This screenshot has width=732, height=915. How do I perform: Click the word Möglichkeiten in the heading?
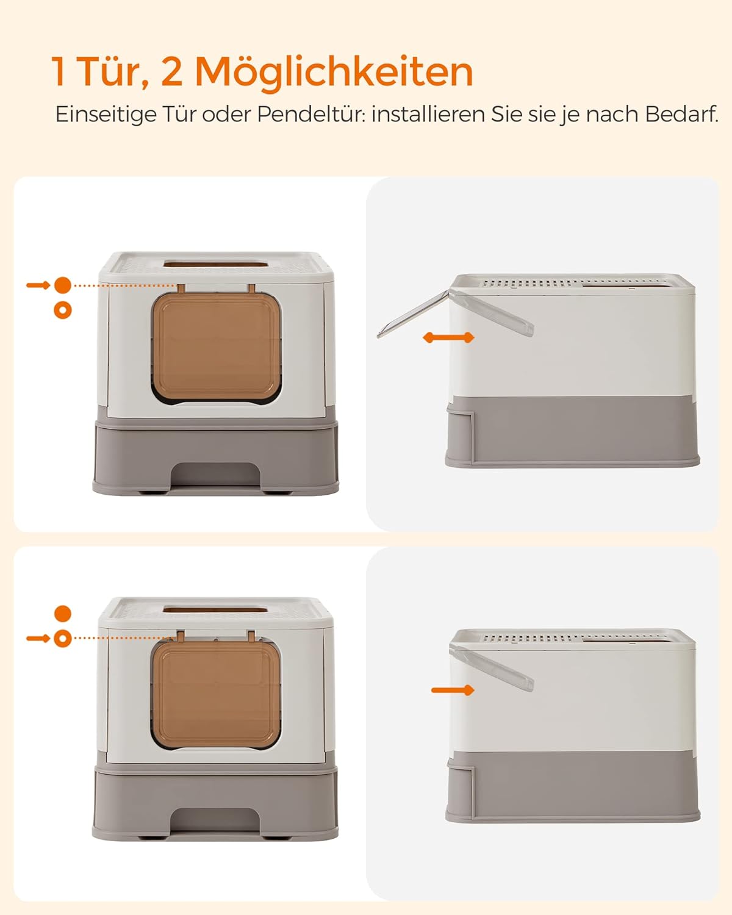pyautogui.click(x=334, y=73)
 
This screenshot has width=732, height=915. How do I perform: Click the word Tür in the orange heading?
pyautogui.click(x=112, y=72)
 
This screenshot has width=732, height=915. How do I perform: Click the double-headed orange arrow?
pyautogui.click(x=449, y=337)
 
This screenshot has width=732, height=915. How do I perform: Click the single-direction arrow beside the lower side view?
pyautogui.click(x=452, y=690)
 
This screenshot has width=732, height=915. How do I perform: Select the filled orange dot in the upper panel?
pyautogui.click(x=63, y=285)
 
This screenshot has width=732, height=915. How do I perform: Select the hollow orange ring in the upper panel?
pyautogui.click(x=63, y=310)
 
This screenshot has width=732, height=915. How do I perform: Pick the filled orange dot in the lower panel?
pyautogui.click(x=63, y=614)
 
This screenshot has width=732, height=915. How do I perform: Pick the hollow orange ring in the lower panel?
pyautogui.click(x=63, y=639)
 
